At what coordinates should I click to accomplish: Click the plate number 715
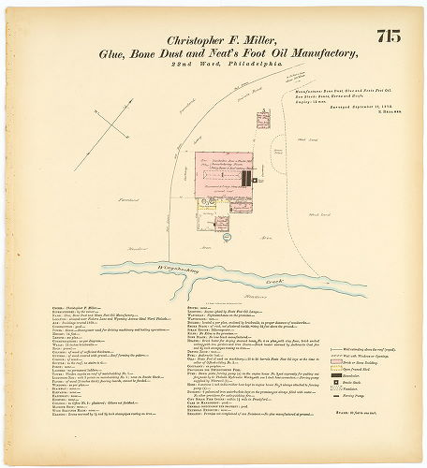(388, 37)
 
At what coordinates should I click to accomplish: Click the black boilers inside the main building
(245, 176)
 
